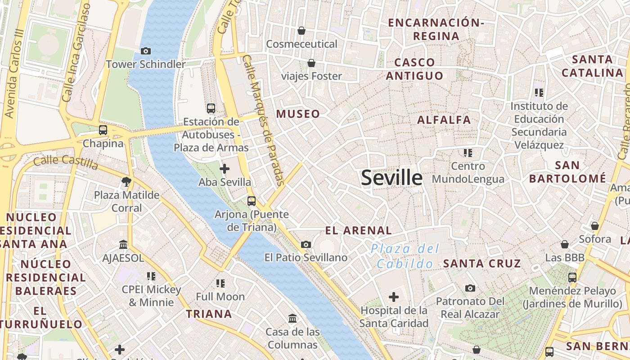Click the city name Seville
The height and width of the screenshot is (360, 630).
(x=391, y=178)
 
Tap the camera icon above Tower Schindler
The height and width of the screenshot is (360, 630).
(x=145, y=51)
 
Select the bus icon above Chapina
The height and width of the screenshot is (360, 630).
(x=103, y=130)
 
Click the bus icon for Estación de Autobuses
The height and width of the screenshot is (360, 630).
(x=211, y=108)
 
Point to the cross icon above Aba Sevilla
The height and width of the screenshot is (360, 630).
(x=224, y=169)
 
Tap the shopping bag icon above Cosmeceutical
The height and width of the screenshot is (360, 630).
(x=301, y=31)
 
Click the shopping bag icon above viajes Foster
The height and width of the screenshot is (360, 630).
(x=311, y=63)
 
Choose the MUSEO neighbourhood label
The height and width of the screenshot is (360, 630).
(x=298, y=114)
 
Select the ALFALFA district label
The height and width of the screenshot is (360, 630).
(x=444, y=120)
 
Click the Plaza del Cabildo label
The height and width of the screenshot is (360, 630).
(x=405, y=256)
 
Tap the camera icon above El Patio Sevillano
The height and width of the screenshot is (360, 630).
(x=306, y=244)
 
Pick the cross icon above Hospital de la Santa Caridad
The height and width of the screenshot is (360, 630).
(x=394, y=297)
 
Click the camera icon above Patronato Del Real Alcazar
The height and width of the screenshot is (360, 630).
(x=470, y=288)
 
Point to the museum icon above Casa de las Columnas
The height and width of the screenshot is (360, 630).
(x=292, y=319)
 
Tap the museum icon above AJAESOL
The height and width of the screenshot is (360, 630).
(x=123, y=244)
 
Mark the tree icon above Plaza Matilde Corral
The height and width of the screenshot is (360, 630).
(x=126, y=181)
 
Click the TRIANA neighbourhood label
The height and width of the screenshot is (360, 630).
(x=209, y=314)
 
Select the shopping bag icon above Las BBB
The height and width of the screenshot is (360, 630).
(x=565, y=244)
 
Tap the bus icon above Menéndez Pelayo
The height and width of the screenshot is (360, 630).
(x=572, y=277)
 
